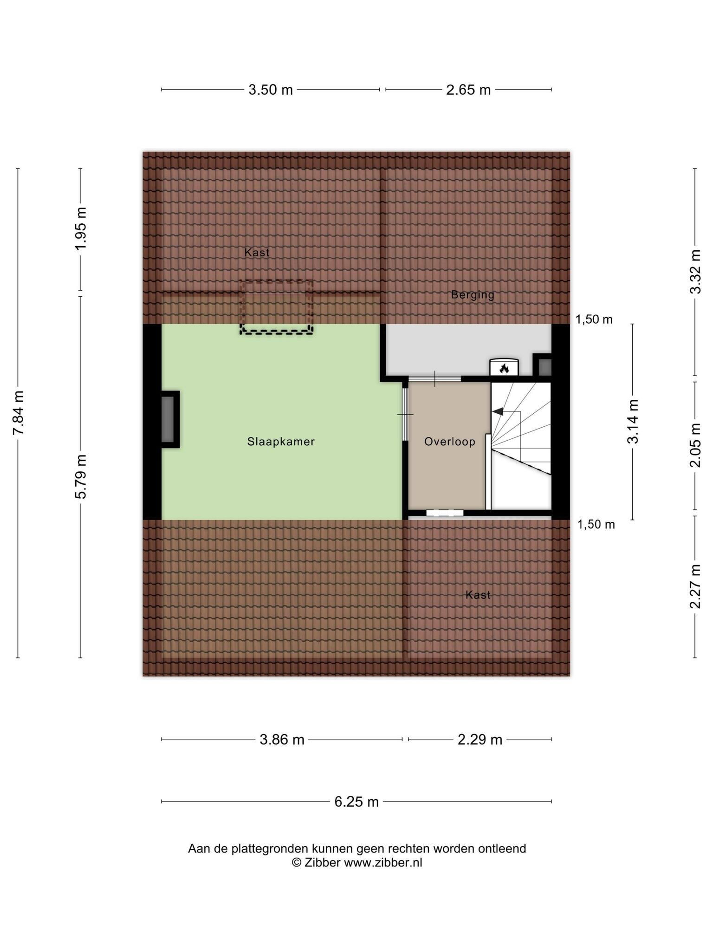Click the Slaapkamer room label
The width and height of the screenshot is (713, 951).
point(281,442)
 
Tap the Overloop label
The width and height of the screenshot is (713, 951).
point(450,442)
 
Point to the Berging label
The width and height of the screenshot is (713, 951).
point(473,295)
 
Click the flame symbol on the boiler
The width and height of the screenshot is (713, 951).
point(504,369)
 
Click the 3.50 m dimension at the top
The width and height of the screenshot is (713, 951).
point(271,90)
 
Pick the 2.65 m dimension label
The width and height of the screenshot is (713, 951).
point(468,90)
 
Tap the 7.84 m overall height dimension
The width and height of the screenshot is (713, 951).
point(18,413)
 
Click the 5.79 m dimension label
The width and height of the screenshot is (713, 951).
point(81,477)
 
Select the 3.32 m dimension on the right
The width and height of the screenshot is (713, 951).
point(695,272)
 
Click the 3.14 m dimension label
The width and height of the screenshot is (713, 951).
point(633,422)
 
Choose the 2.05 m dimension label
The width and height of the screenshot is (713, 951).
point(695,446)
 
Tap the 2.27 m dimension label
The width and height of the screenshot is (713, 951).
point(695,586)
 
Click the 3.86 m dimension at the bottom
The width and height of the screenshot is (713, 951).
point(282,740)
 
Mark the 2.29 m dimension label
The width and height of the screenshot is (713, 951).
point(480,740)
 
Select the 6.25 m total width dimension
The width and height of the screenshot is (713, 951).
point(356,802)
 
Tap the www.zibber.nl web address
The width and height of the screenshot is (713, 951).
point(383,863)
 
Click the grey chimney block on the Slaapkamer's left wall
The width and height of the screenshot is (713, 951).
point(168,419)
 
